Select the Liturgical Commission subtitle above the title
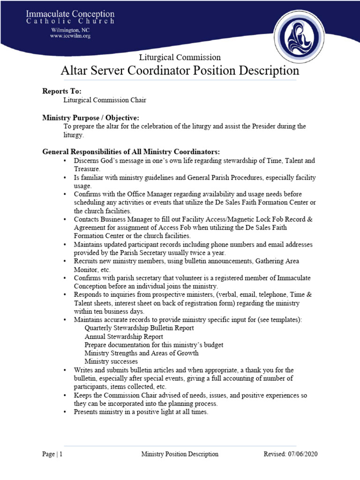point(180,57)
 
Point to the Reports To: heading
point(62,91)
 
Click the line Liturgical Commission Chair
point(102,100)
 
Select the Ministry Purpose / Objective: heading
point(90,117)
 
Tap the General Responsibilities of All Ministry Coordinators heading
point(131,152)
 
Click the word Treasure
point(86,169)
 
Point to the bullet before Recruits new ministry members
point(65,261)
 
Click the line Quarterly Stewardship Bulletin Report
point(132,328)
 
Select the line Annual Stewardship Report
point(124,337)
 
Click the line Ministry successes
point(111,362)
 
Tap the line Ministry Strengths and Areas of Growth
point(141,353)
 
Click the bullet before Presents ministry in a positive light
point(65,412)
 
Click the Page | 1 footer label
point(52,454)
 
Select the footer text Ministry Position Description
point(180,454)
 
